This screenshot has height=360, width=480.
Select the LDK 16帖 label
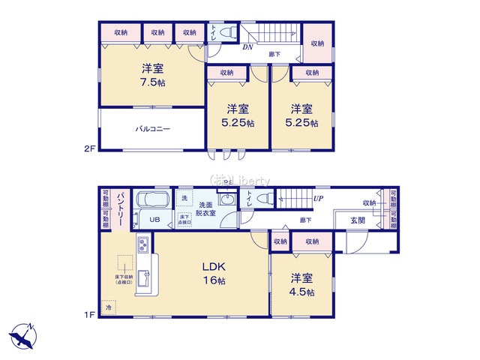click(212, 273)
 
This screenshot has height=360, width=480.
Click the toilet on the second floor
click(226, 34)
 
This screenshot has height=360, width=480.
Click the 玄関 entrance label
click(358, 220)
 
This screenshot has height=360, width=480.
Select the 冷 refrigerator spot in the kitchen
click(109, 308)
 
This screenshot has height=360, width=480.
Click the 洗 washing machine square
click(184, 197)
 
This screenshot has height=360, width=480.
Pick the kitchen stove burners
click(142, 244)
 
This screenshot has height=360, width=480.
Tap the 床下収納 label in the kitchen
click(124, 279)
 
